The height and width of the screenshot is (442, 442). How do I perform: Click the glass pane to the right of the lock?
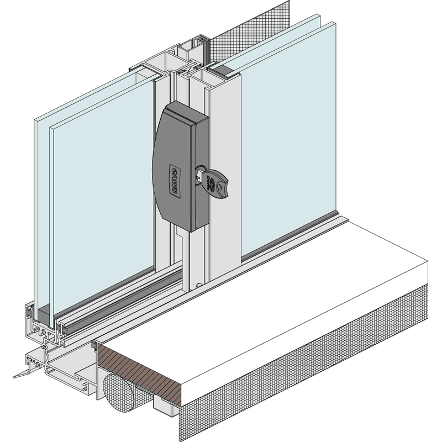[x=287, y=144]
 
